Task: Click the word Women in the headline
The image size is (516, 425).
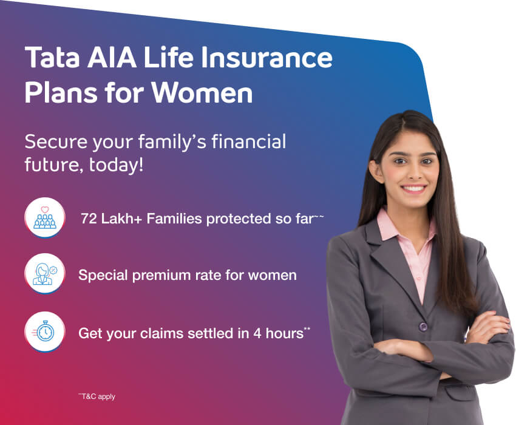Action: [202, 93]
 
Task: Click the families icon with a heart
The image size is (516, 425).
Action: [45, 218]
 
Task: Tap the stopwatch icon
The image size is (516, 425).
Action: [45, 331]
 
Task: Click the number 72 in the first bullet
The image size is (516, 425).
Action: [89, 219]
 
